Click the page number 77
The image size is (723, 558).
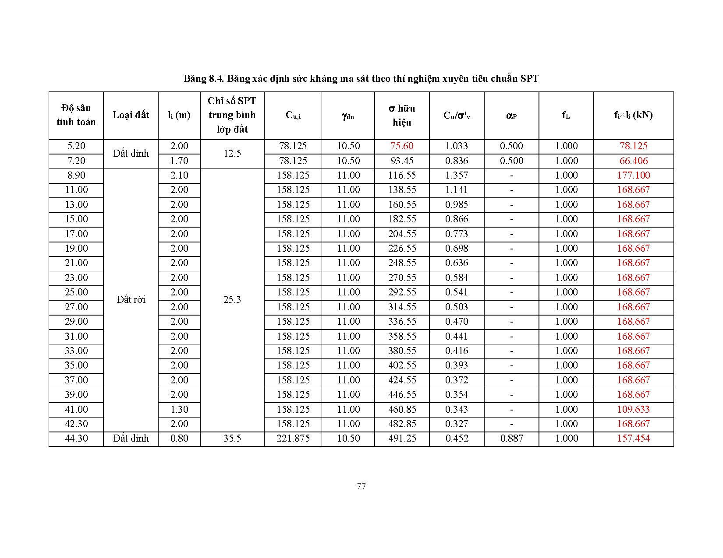tap(361, 486)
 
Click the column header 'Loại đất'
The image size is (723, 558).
tap(131, 115)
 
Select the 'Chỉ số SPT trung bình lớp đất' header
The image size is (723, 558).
tap(232, 115)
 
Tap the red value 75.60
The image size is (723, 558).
tap(402, 146)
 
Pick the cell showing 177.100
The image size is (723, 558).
tap(633, 175)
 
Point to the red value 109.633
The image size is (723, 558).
tap(633, 409)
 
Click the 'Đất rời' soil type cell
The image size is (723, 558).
tap(131, 299)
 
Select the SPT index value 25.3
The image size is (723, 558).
tap(232, 299)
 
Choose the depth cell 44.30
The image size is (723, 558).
tap(76, 439)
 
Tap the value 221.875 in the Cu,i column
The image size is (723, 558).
tap(293, 439)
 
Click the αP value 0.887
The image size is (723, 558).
tap(511, 439)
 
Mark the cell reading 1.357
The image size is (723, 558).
tap(457, 175)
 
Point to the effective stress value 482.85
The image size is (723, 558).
tap(402, 424)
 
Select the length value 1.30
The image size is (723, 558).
tap(179, 409)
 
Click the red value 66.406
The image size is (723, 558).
tap(633, 161)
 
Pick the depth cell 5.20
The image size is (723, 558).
tap(76, 146)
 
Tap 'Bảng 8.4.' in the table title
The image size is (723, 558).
tap(204, 79)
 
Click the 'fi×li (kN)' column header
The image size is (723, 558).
tap(633, 115)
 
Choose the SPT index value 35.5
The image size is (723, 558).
tap(232, 439)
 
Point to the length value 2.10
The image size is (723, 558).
tap(179, 175)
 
